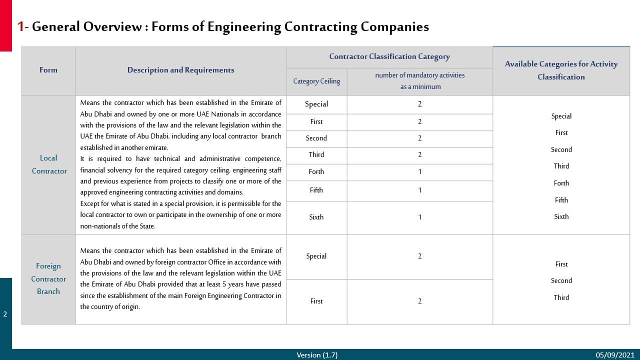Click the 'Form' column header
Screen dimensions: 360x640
(x=48, y=70)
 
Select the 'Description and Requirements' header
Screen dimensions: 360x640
(x=180, y=70)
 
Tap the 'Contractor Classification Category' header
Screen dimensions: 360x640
(x=389, y=57)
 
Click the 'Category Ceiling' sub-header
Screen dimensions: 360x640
(x=316, y=81)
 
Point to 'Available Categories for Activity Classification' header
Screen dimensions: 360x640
(x=561, y=70)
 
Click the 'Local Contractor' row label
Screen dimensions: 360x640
(x=49, y=164)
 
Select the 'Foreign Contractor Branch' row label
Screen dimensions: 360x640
(x=48, y=279)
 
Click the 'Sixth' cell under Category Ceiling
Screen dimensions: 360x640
(x=316, y=217)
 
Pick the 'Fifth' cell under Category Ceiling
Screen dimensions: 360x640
(x=316, y=190)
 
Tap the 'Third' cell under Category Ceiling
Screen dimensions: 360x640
(x=316, y=155)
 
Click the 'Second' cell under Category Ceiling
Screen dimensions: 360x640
(x=316, y=138)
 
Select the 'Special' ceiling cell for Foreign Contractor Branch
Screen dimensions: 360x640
(x=316, y=256)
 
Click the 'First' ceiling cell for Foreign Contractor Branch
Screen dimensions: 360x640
(x=316, y=301)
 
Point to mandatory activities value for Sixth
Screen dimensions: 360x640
(x=420, y=217)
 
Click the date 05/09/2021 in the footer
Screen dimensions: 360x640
(x=614, y=355)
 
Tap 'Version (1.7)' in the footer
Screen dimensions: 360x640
(x=317, y=355)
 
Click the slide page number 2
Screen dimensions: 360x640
(x=5, y=314)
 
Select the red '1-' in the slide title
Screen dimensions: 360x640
(x=22, y=27)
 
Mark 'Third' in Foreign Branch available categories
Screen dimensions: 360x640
(x=561, y=297)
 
